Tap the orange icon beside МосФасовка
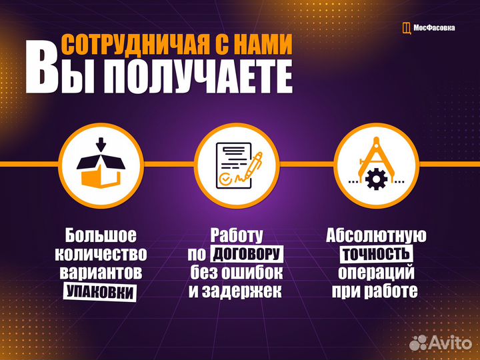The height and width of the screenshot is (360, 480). point(407,28)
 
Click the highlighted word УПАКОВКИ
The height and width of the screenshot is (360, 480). point(100,291)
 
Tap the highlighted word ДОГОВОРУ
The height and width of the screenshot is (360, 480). point(247,254)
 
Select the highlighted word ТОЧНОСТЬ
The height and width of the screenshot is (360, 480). point(376,254)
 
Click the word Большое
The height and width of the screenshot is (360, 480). point(101,235)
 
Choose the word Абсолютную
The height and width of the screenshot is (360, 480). point(376,235)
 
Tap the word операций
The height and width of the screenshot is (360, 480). point(377,273)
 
